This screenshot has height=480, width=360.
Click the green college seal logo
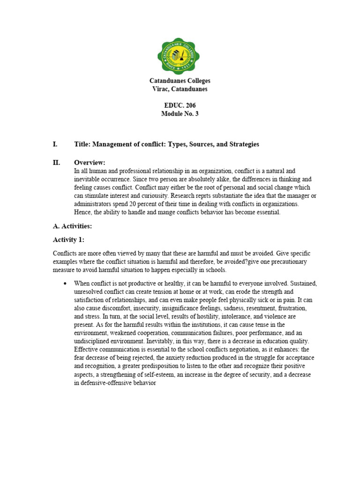(180, 56)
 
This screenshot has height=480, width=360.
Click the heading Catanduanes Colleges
(180, 81)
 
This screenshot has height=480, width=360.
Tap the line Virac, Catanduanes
(180, 89)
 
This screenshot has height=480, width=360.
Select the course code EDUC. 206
(180, 105)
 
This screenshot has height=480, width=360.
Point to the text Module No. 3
(180, 114)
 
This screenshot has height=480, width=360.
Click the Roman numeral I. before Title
(55, 144)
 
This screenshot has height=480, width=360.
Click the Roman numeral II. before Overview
(56, 163)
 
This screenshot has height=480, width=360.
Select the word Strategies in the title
(243, 144)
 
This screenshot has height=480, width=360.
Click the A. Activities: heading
(72, 226)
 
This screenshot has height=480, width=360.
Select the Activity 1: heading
(68, 240)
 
